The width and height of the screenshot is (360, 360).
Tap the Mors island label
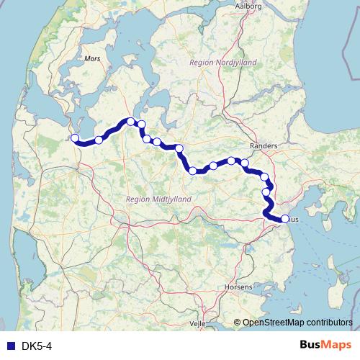[92, 58]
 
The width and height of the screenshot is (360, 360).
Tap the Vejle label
[197, 324]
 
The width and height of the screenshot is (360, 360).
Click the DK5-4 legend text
[37, 346]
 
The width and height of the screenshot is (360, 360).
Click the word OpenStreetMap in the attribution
[274, 323]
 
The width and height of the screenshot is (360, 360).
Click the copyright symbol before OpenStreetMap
[237, 323]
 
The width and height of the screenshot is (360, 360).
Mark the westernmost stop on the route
[74, 138]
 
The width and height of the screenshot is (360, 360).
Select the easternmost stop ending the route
[284, 219]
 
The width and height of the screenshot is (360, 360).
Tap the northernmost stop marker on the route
[130, 121]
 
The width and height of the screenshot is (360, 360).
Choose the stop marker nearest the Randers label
[245, 163]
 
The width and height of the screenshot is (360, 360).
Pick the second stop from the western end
[99, 140]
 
